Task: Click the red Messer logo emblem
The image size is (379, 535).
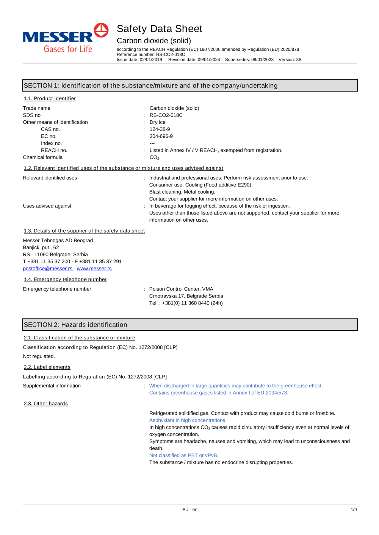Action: click(x=101, y=30)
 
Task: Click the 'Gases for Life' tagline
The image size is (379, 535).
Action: click(x=68, y=49)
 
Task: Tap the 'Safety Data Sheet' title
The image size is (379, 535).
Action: click(x=159, y=29)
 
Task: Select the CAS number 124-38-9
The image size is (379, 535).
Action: click(x=160, y=129)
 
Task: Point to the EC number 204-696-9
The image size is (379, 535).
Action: click(x=161, y=136)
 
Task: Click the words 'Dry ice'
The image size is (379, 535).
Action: click(x=157, y=122)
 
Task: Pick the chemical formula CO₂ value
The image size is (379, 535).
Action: click(x=154, y=157)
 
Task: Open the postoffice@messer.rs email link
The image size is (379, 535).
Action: click(x=47, y=269)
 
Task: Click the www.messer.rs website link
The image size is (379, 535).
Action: click(x=94, y=269)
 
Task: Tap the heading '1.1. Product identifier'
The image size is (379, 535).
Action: click(x=50, y=99)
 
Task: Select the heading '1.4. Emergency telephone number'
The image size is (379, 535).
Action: click(x=65, y=280)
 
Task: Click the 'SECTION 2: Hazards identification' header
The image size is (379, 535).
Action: click(x=75, y=325)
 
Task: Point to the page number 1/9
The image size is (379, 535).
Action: click(x=354, y=510)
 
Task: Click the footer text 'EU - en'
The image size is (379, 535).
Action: click(x=189, y=510)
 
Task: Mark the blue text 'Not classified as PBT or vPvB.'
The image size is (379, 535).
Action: click(x=183, y=456)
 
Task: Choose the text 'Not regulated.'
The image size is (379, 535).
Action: click(x=39, y=356)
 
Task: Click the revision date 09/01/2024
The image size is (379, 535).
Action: click(x=208, y=60)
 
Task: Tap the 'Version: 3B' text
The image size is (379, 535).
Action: click(x=290, y=60)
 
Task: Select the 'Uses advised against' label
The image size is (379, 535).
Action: click(x=47, y=206)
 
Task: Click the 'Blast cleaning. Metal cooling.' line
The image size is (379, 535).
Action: click(x=182, y=192)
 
